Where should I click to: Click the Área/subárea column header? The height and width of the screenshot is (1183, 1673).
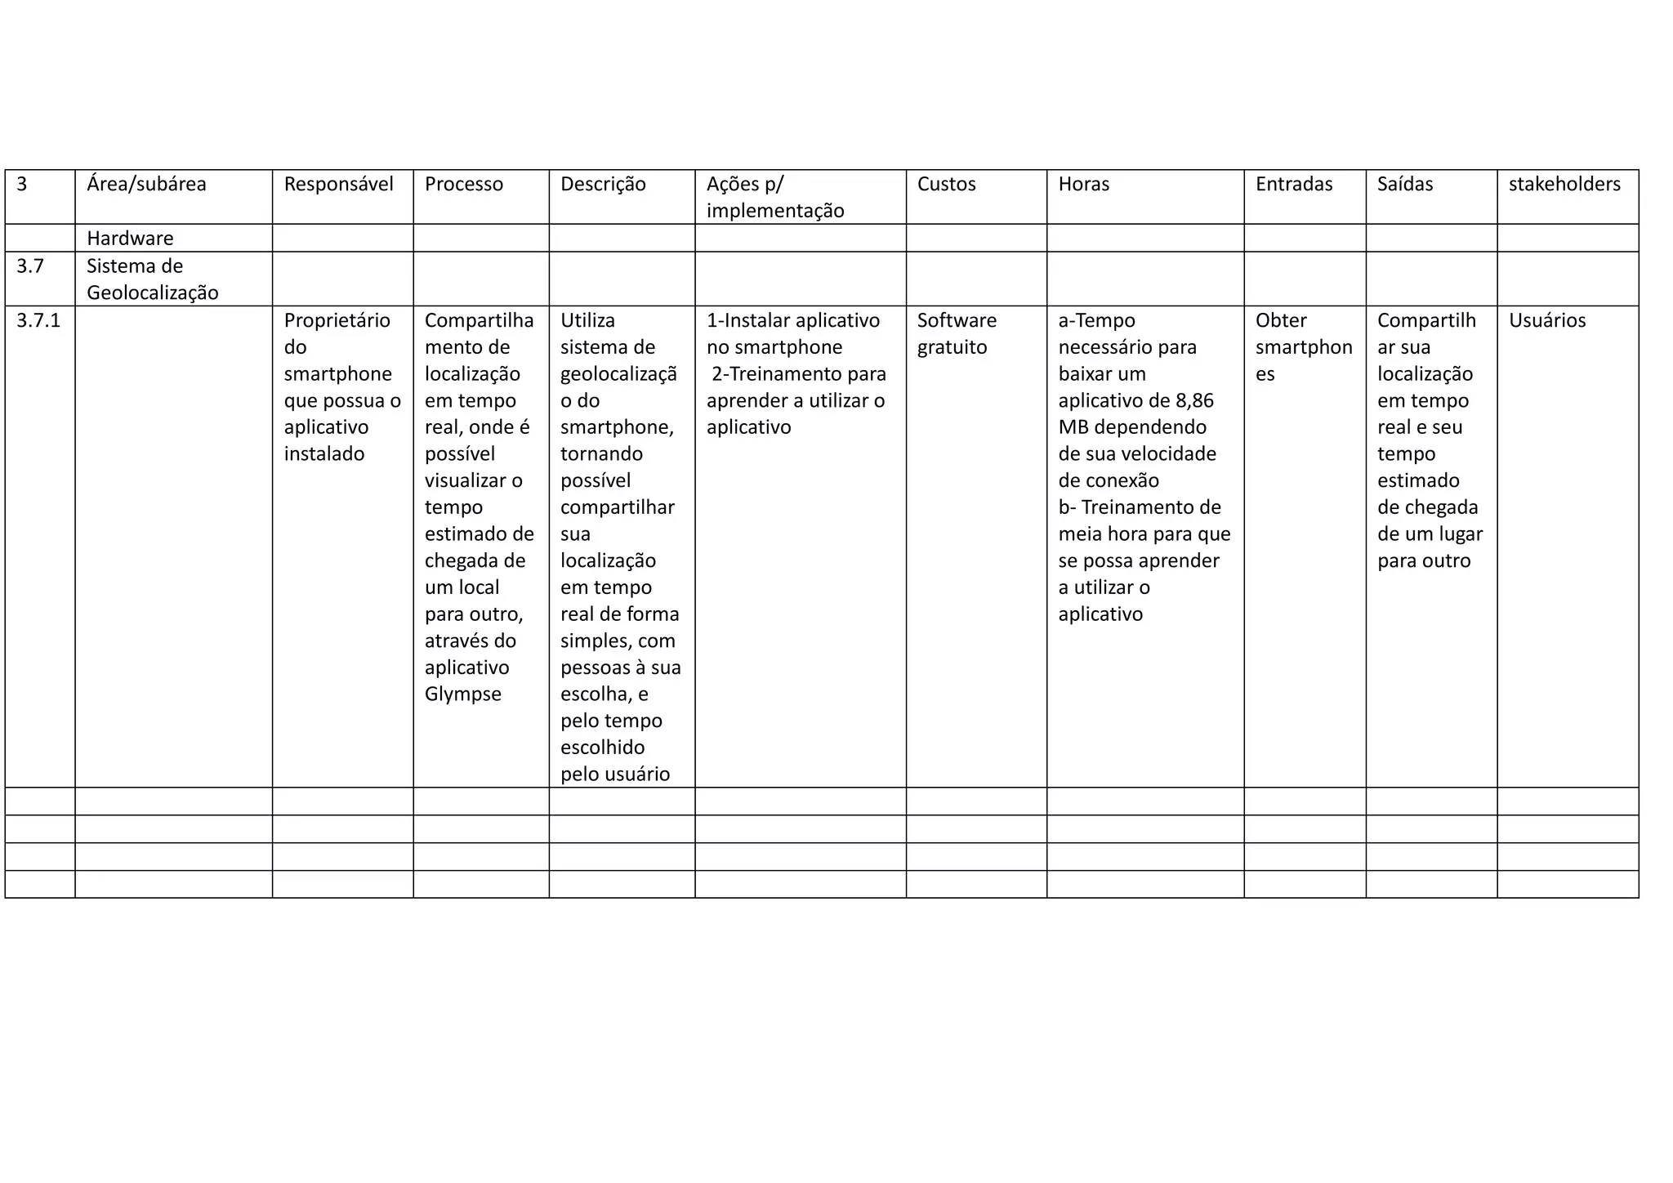click(x=146, y=184)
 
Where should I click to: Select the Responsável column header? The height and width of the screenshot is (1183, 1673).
click(x=338, y=184)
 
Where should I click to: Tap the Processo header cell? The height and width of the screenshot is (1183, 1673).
click(x=463, y=184)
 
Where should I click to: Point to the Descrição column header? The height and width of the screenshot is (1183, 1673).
click(x=603, y=184)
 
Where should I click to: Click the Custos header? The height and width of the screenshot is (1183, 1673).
click(x=946, y=184)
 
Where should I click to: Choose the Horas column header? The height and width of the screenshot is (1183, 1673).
click(x=1083, y=184)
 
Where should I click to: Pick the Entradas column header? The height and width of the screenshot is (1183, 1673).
click(x=1293, y=184)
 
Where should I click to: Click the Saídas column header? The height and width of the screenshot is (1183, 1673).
click(x=1404, y=184)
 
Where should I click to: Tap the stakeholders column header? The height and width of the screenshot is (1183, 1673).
click(x=1564, y=184)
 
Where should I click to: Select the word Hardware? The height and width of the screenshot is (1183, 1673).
click(x=130, y=239)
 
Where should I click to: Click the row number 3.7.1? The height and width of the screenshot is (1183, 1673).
click(x=38, y=320)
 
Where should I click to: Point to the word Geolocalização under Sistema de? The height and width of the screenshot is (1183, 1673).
click(x=152, y=292)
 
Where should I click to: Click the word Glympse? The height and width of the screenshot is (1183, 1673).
click(x=462, y=694)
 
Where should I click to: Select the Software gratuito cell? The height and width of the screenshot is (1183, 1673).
click(x=956, y=333)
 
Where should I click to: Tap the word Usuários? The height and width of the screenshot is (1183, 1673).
click(x=1546, y=320)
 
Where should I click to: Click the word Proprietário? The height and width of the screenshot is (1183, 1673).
click(x=337, y=320)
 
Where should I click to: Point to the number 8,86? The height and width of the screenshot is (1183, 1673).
click(x=1194, y=400)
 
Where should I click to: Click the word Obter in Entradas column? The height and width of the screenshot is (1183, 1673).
click(x=1280, y=320)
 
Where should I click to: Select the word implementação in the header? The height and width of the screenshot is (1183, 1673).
click(x=774, y=211)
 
